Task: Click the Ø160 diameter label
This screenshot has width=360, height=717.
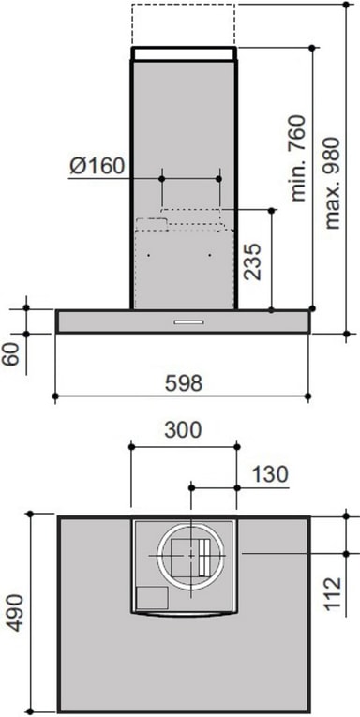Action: [x=97, y=166]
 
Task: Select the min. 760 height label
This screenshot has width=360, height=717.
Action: [x=298, y=158]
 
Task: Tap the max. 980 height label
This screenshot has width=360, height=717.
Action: [x=333, y=183]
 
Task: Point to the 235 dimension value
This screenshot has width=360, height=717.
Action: [x=252, y=261]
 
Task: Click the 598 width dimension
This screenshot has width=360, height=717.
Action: [x=184, y=383]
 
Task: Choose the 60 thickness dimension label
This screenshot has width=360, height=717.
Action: [x=11, y=354]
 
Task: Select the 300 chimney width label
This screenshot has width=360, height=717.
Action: [x=183, y=430]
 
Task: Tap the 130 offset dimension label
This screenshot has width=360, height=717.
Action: [x=270, y=474]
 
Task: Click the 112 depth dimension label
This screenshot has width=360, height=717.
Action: [x=333, y=594]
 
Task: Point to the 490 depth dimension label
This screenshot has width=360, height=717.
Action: [x=15, y=613]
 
